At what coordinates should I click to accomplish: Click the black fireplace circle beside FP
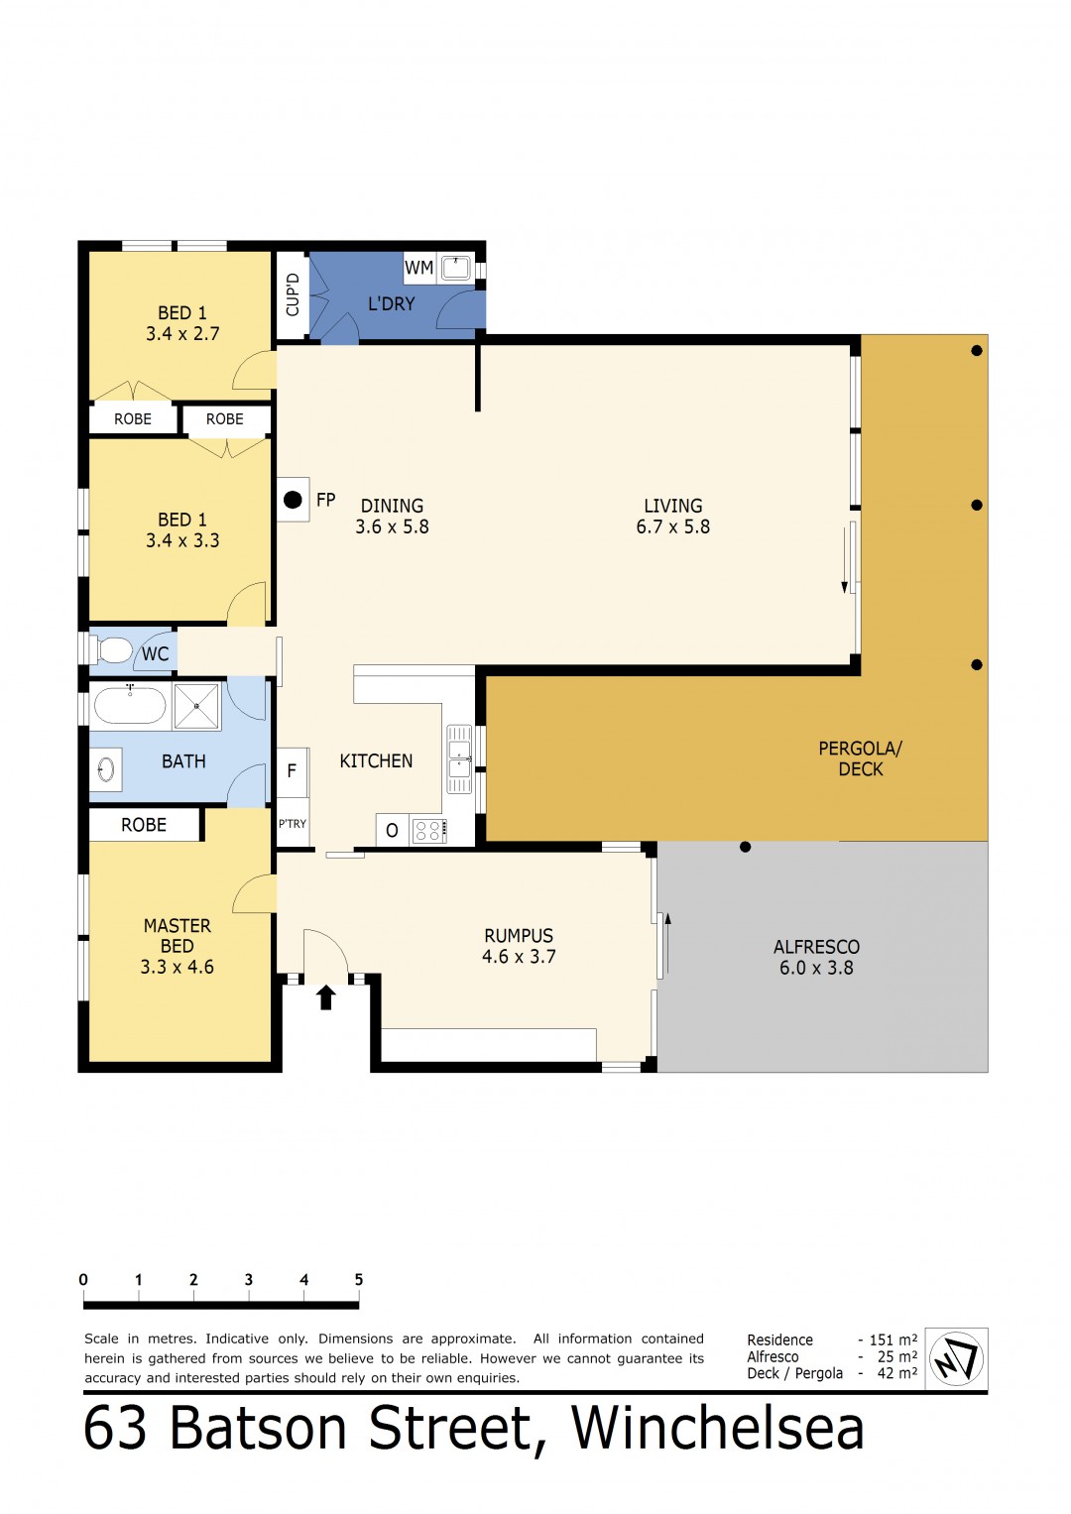click(x=293, y=500)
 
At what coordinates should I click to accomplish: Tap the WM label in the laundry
click(x=418, y=268)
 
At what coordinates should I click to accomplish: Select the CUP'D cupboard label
click(x=293, y=294)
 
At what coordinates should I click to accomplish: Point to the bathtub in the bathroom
click(x=129, y=706)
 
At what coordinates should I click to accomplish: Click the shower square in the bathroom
click(x=196, y=706)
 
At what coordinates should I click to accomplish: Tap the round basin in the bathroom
click(x=107, y=769)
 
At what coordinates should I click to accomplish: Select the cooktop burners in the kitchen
click(x=428, y=830)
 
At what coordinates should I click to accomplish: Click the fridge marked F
click(x=293, y=771)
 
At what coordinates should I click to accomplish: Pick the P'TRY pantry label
click(x=293, y=823)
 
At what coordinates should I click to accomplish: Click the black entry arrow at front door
click(x=326, y=997)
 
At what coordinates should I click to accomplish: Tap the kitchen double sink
click(x=459, y=759)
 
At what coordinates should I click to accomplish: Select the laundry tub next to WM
click(x=455, y=268)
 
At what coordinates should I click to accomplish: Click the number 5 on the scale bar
click(x=358, y=1279)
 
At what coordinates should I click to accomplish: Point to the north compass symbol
click(x=956, y=1358)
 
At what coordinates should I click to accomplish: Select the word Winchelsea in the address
click(x=717, y=1427)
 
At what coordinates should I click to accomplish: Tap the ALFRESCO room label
click(x=816, y=946)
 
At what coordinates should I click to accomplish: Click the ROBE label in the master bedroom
click(x=144, y=825)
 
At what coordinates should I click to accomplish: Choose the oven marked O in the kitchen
click(x=392, y=830)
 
